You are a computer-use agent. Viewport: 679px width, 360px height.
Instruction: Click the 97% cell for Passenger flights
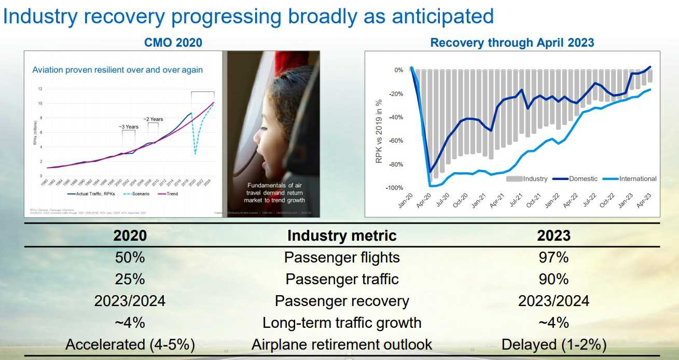click(553, 257)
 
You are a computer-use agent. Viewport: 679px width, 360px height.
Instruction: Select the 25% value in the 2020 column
click(130, 279)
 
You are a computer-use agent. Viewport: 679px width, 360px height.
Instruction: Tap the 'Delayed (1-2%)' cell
click(553, 344)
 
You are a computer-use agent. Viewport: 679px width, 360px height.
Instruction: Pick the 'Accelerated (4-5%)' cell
click(130, 344)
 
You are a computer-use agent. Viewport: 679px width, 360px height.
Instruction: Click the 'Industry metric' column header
click(342, 236)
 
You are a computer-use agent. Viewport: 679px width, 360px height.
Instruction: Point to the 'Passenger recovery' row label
click(342, 301)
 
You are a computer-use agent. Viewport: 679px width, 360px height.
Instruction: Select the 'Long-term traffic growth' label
click(342, 323)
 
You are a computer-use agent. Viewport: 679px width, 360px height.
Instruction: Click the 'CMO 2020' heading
click(173, 43)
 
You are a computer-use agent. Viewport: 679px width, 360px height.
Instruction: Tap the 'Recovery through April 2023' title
click(512, 43)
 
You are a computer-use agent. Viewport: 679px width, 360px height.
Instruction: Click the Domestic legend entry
click(583, 179)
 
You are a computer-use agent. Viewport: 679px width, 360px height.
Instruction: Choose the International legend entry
click(638, 179)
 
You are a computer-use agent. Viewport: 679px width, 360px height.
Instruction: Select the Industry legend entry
click(535, 179)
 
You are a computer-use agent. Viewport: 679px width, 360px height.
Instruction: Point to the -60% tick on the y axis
click(396, 141)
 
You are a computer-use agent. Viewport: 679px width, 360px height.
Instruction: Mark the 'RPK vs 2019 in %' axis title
click(379, 131)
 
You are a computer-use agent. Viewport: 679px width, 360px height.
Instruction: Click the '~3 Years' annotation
click(128, 127)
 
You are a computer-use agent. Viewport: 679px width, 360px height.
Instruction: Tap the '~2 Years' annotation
click(153, 119)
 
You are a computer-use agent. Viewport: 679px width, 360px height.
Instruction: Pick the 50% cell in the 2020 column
click(130, 257)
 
